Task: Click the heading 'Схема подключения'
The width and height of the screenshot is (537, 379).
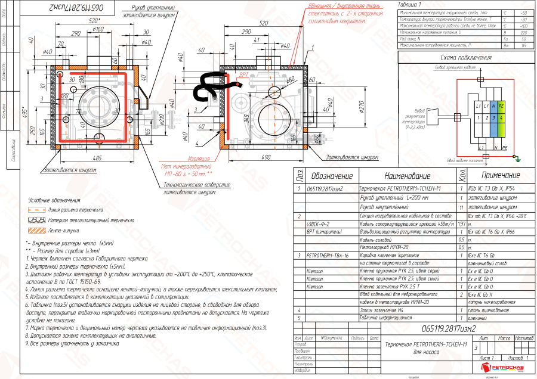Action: [x=465, y=58]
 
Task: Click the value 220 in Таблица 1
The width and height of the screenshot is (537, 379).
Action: [x=523, y=34]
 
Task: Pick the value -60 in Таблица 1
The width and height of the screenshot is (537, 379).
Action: [x=523, y=12]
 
